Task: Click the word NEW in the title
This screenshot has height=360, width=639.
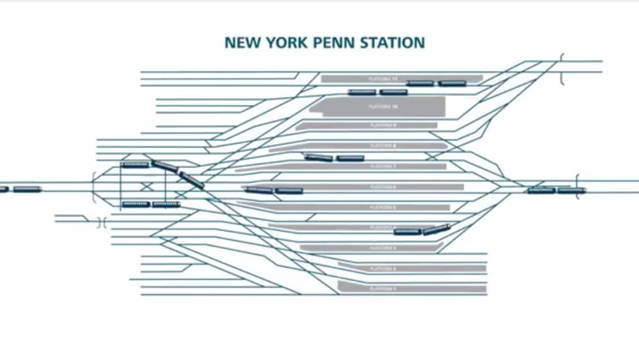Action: click(240, 43)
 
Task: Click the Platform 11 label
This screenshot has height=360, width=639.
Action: click(383, 78)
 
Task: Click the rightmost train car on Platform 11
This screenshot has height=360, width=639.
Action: click(452, 83)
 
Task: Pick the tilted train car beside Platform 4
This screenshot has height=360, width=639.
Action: click(436, 229)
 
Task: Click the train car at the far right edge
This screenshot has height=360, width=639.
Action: click(571, 190)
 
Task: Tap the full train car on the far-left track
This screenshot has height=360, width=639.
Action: click(27, 189)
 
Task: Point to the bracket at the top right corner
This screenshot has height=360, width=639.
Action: click(561, 69)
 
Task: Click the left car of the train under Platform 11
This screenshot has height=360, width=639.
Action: click(362, 93)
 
